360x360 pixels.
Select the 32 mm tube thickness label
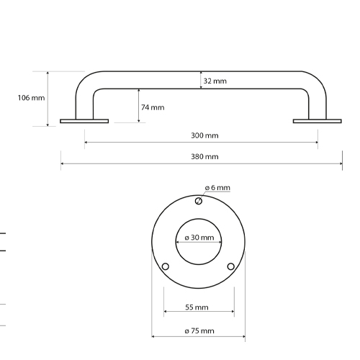(x=215, y=81)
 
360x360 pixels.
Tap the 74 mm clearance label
(x=152, y=107)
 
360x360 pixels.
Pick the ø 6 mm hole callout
(x=217, y=188)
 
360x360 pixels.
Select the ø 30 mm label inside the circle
(x=199, y=238)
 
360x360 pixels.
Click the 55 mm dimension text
(x=197, y=307)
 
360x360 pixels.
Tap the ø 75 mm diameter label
(x=199, y=330)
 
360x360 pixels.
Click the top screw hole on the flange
(x=199, y=201)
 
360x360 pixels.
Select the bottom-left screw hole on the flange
(x=166, y=267)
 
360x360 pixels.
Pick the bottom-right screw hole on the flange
(x=231, y=267)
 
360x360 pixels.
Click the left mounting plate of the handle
(x=84, y=121)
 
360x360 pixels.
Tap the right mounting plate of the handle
(x=318, y=121)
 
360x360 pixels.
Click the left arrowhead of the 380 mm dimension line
(x=63, y=165)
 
